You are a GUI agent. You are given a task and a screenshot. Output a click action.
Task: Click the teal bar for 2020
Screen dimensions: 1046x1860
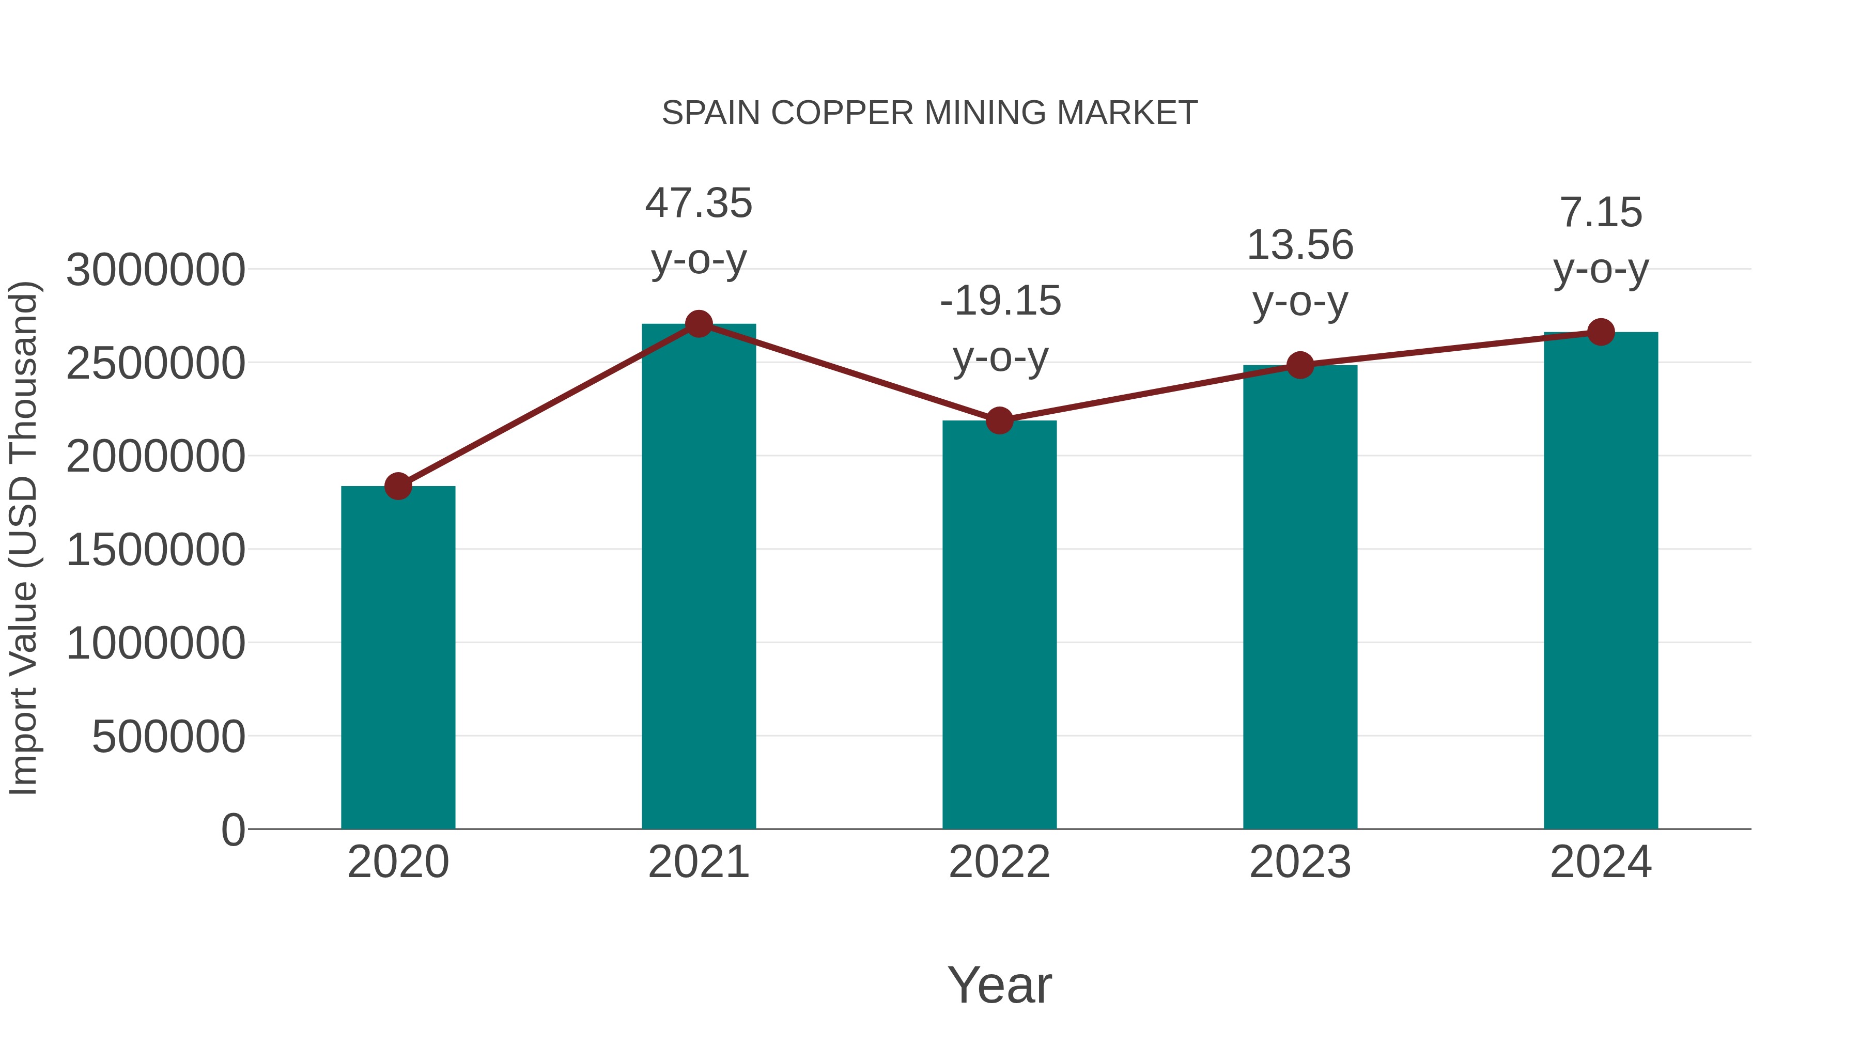[x=398, y=657]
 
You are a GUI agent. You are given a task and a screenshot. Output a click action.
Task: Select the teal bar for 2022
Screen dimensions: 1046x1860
[x=999, y=625]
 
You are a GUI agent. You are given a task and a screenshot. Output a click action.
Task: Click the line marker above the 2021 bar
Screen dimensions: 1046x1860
[x=698, y=324]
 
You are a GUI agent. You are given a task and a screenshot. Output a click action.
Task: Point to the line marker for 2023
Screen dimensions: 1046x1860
[x=1300, y=365]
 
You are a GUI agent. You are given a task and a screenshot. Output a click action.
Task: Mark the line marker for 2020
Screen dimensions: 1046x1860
[x=398, y=486]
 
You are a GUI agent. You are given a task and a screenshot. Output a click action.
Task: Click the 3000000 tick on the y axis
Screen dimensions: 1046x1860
[x=155, y=271]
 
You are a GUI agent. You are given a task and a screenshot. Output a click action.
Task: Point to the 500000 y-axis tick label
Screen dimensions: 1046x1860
[x=168, y=737]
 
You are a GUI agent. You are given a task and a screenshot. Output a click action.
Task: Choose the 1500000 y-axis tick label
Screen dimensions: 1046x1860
[x=155, y=550]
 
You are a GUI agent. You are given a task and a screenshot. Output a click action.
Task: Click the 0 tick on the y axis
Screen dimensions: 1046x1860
[x=233, y=830]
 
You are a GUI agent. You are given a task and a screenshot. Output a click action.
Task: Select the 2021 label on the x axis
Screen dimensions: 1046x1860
[x=698, y=863]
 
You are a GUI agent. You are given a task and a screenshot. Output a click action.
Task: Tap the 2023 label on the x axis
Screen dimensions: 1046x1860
[x=1300, y=863]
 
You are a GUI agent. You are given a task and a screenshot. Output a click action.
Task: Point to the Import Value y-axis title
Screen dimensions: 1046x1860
[x=23, y=538]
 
